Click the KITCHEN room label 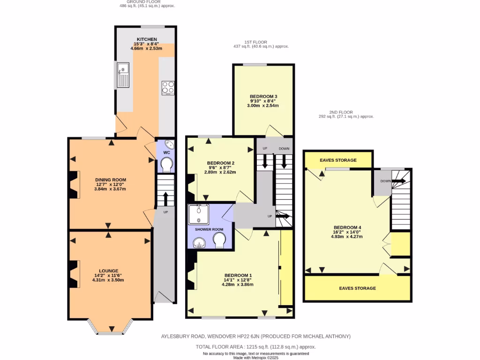[147, 39]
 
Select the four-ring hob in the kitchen [168, 87]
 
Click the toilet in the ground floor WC [166, 165]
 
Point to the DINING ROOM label [111, 180]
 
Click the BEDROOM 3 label [263, 96]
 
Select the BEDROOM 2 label [221, 163]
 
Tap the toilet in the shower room [219, 241]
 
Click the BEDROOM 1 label [238, 275]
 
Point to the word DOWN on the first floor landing [284, 149]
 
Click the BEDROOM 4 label [347, 227]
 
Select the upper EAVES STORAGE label [338, 160]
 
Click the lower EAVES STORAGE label [357, 288]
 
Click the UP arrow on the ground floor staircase [165, 198]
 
